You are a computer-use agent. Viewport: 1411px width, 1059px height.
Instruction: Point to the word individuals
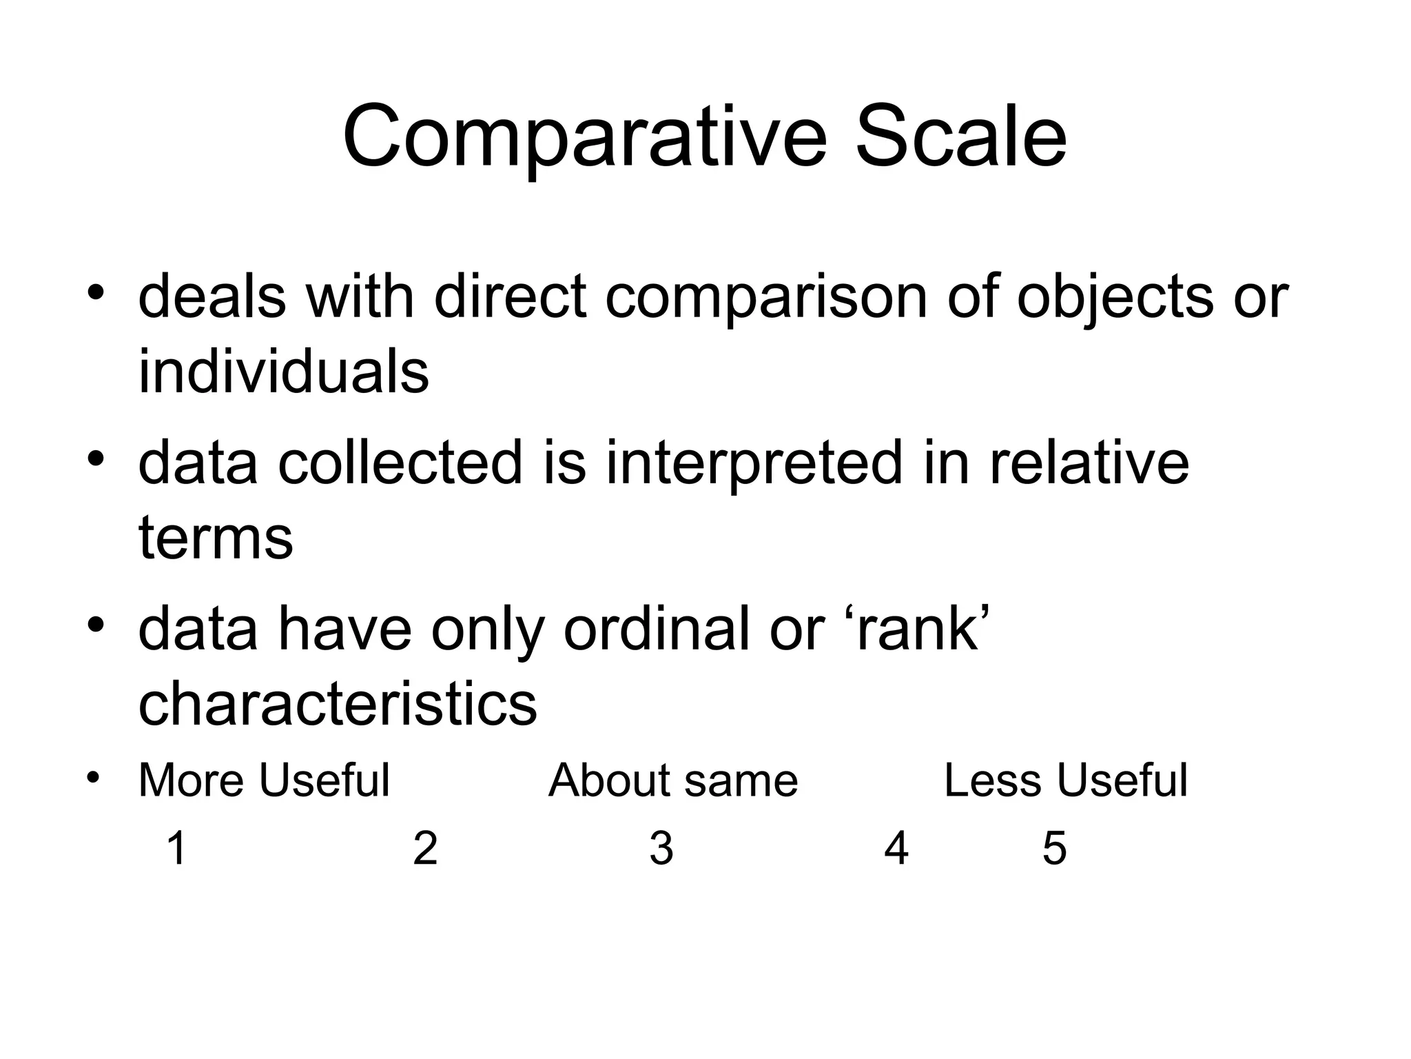tap(283, 372)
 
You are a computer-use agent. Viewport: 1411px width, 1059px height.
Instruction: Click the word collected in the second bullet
tap(400, 463)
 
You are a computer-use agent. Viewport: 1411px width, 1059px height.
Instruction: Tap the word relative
tap(1089, 463)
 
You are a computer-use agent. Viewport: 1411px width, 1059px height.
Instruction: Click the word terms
tap(216, 538)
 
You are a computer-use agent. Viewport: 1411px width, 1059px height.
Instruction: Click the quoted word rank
tap(916, 629)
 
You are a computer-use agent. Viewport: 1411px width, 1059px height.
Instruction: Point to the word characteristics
tap(338, 704)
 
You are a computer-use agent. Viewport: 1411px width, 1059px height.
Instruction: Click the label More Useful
tap(264, 780)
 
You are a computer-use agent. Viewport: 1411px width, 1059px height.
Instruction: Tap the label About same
tap(673, 780)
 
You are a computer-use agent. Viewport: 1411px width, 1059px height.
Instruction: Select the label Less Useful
tap(1066, 780)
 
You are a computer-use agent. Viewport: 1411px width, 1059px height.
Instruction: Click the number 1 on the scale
tap(177, 848)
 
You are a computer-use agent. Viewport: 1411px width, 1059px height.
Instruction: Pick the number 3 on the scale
tap(661, 848)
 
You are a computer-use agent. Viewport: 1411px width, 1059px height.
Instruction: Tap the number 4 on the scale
tap(896, 848)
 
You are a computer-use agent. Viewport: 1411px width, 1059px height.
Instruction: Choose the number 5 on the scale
tap(1054, 848)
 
